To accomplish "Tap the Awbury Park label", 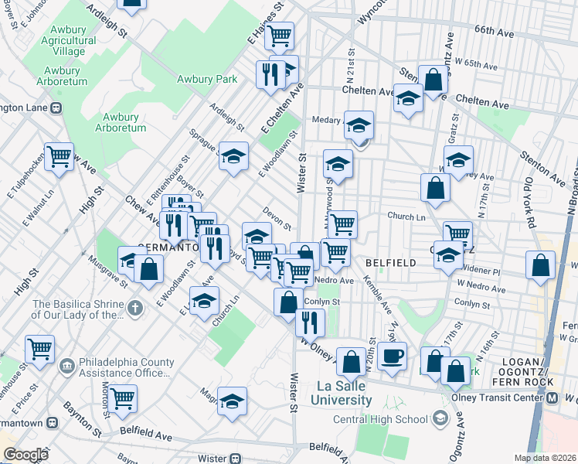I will tap(206, 79).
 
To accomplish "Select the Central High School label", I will tap(380, 419).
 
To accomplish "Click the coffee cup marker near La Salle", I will tap(393, 356).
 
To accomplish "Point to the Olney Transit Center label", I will tap(500, 397).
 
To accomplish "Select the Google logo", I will tap(26, 455).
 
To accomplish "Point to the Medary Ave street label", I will tap(327, 120).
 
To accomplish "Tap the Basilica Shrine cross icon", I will tap(135, 309).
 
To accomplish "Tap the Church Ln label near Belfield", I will tap(406, 217).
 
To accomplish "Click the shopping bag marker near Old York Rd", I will tap(539, 264).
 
